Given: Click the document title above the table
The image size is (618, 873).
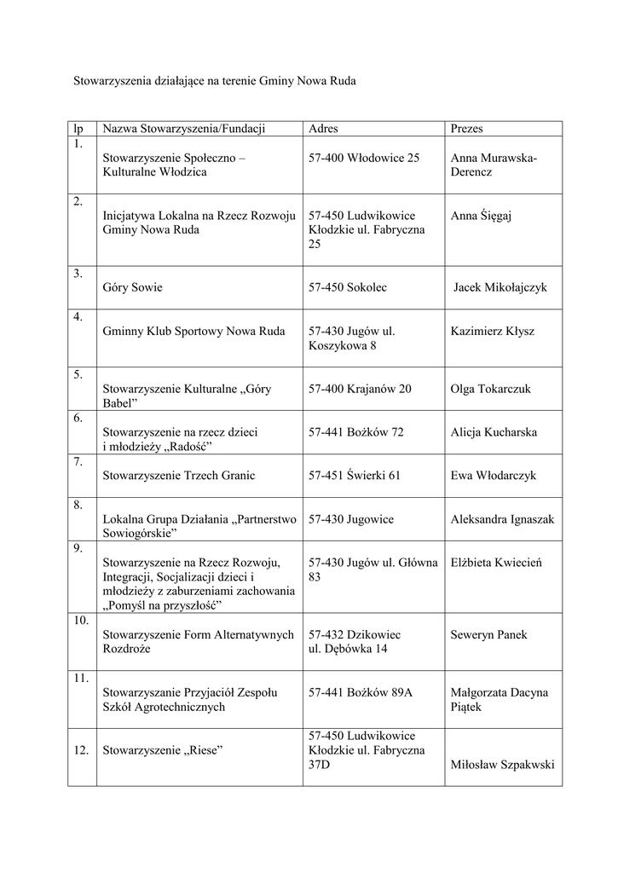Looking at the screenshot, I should (x=213, y=82).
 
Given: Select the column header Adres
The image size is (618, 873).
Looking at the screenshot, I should (x=323, y=129).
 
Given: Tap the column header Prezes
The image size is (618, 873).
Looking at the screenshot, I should (x=466, y=129).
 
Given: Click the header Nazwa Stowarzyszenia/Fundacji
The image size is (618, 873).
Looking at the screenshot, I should (x=185, y=129).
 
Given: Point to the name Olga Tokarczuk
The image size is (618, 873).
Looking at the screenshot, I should (x=490, y=389).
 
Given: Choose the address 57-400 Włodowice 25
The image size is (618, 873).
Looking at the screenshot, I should (x=364, y=158).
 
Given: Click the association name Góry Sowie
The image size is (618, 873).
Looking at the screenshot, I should (x=132, y=287).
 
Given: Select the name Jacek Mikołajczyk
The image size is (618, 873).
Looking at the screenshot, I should (x=500, y=287).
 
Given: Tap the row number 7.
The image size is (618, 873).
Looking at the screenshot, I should (x=78, y=461).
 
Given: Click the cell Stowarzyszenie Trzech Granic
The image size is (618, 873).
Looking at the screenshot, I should (x=179, y=476).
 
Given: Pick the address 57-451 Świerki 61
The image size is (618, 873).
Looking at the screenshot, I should (x=355, y=476).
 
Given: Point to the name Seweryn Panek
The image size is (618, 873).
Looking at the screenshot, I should (x=488, y=634).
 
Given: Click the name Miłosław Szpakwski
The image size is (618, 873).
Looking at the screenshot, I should (x=503, y=764).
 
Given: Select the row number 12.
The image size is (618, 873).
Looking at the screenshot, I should (x=82, y=750).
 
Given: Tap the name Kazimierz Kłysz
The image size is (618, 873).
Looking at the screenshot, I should (x=493, y=331).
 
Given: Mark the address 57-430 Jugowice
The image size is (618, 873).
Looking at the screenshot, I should (x=351, y=518).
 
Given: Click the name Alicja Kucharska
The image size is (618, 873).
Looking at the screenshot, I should (x=494, y=432).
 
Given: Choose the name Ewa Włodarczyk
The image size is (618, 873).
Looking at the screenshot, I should (x=494, y=476).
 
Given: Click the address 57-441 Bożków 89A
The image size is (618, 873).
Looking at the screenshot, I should (x=361, y=692).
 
